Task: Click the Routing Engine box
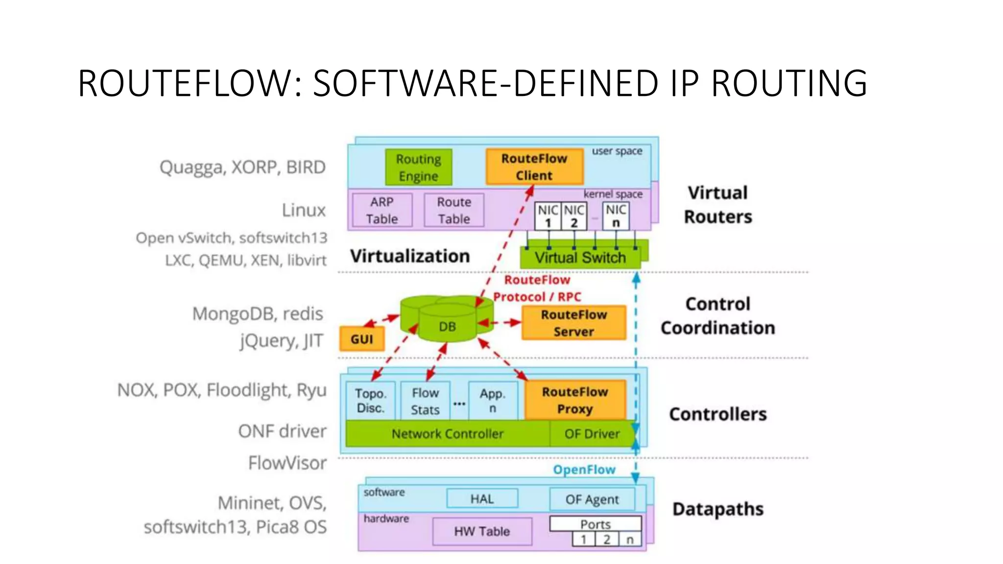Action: point(418,167)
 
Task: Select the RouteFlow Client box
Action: point(534,167)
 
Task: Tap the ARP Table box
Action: point(382,210)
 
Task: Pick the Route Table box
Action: point(454,210)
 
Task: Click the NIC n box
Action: point(616,216)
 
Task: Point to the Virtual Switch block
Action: point(580,258)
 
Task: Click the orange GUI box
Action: point(362,339)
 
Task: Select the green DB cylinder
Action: point(447,323)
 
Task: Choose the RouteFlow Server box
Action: point(573,323)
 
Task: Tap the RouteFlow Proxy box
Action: point(575,400)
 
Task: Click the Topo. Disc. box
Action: point(370,400)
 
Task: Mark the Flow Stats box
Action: point(425,401)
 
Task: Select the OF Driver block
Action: point(592,434)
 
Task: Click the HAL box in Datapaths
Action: point(482,499)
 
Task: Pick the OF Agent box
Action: point(592,499)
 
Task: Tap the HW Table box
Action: point(482,531)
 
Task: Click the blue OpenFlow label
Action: point(584,470)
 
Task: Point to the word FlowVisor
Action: point(287,463)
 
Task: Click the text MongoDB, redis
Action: point(258,313)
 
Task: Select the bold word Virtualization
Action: point(410,256)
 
